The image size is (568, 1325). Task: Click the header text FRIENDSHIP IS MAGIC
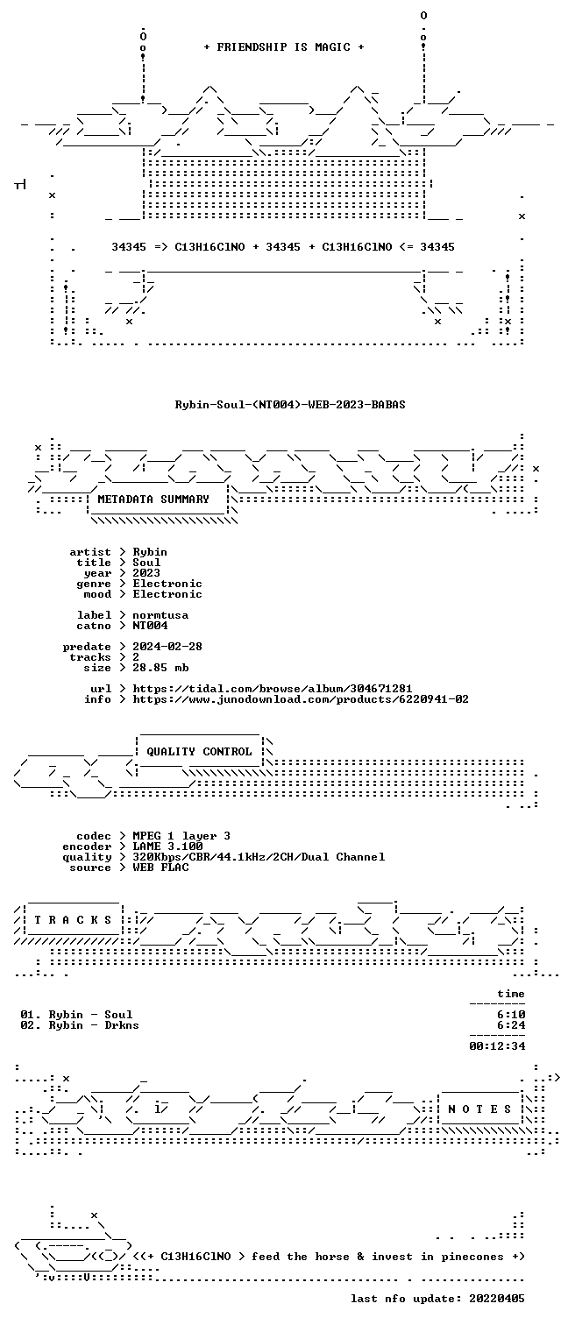click(x=284, y=47)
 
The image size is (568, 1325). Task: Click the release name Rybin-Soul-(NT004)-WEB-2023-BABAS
click(x=290, y=405)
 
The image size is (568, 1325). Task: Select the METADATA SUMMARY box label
click(x=153, y=500)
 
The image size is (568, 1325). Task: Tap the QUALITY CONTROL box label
click(x=199, y=751)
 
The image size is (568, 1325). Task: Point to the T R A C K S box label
click(x=73, y=920)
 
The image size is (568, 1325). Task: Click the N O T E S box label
click(x=479, y=1109)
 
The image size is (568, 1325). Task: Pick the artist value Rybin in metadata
click(x=150, y=552)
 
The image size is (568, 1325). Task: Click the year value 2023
click(x=146, y=572)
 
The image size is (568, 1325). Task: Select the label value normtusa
click(x=160, y=615)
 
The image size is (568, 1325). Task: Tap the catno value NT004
click(x=150, y=625)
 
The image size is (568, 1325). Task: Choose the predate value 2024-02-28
click(x=167, y=647)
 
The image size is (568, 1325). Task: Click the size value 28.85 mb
click(x=160, y=668)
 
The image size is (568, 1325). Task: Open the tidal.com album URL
click(x=272, y=689)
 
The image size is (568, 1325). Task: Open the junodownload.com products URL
click(x=301, y=699)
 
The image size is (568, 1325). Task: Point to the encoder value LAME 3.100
click(x=167, y=847)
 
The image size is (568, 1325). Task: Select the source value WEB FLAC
click(x=160, y=868)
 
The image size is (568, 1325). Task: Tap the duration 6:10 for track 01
click(x=511, y=1015)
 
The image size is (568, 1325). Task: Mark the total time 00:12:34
click(x=497, y=1045)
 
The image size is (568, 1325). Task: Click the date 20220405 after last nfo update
click(x=497, y=1299)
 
